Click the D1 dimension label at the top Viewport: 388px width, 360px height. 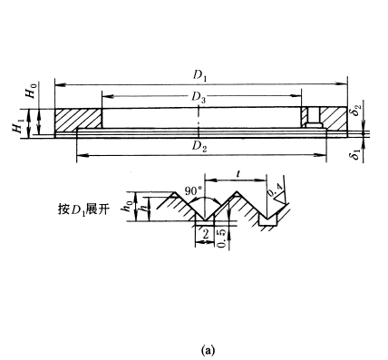(x=200, y=76)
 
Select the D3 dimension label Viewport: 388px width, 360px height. (x=199, y=97)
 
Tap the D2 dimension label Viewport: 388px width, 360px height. (x=199, y=147)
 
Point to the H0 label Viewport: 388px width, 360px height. (x=32, y=91)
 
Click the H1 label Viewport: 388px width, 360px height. (x=17, y=126)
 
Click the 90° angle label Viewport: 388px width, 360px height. (x=193, y=191)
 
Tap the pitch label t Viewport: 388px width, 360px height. (x=238, y=173)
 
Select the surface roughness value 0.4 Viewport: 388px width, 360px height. (x=276, y=190)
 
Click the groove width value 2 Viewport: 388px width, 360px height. (x=206, y=234)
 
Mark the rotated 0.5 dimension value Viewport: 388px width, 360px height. (x=222, y=238)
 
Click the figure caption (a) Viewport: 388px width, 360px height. (x=208, y=350)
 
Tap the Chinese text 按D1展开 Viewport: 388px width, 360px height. (x=83, y=209)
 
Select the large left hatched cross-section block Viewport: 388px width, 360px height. (x=78, y=119)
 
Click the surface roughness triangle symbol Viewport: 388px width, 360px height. (x=280, y=199)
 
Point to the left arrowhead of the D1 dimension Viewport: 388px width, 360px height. (x=60, y=85)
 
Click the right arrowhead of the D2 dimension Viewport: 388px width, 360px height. (x=321, y=155)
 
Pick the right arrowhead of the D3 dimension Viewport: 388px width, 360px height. (x=296, y=96)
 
